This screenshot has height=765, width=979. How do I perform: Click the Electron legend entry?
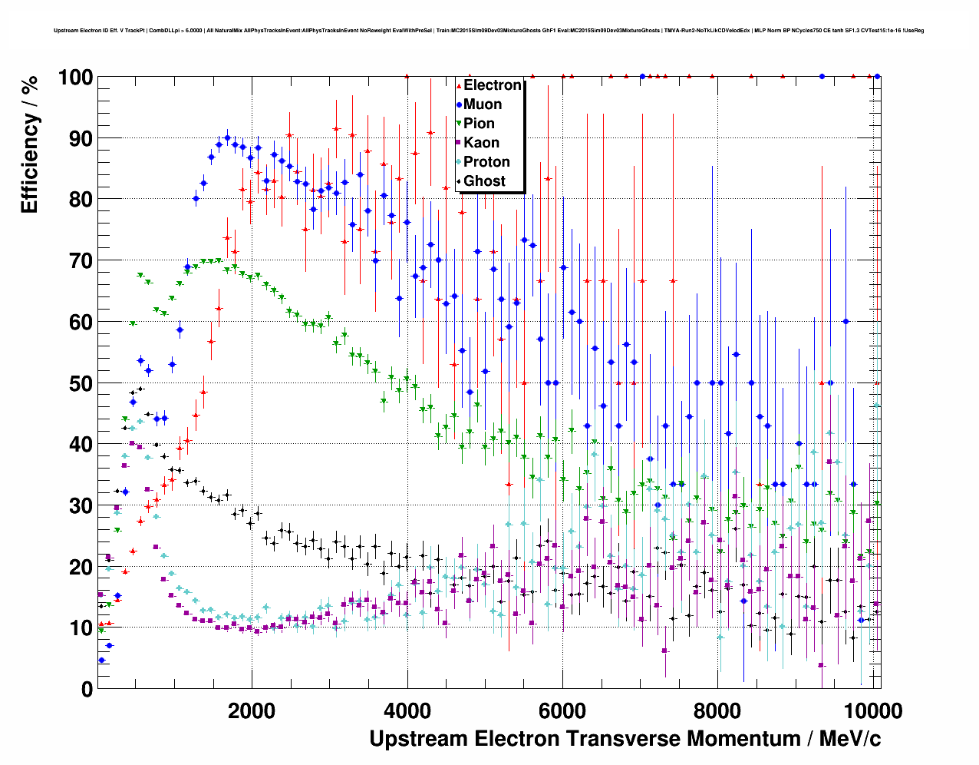tap(492, 85)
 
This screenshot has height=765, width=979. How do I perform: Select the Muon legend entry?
tap(482, 104)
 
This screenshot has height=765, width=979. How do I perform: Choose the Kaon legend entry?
tap(481, 143)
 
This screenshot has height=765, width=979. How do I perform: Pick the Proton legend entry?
tap(486, 162)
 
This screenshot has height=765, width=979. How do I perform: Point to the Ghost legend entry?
tap(484, 181)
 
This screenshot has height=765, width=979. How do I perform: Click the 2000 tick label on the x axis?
tap(252, 710)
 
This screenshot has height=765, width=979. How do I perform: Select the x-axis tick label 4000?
tap(407, 710)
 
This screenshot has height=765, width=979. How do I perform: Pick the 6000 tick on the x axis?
tap(562, 710)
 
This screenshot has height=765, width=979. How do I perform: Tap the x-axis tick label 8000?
tap(717, 710)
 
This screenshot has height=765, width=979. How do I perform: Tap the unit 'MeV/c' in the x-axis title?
tap(849, 739)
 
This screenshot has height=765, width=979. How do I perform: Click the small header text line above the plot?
tap(489, 31)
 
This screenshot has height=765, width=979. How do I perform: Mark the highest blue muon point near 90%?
tap(227, 138)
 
